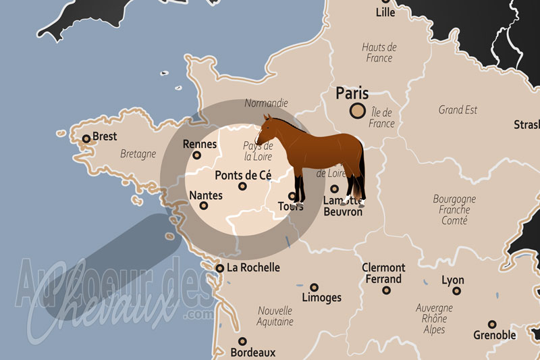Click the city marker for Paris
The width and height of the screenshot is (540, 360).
click(x=356, y=112)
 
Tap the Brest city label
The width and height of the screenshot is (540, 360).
click(x=105, y=136)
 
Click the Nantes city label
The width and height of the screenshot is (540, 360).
click(x=206, y=195)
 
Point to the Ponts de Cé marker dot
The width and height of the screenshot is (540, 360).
click(x=243, y=187)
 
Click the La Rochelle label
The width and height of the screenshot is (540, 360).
click(x=253, y=267)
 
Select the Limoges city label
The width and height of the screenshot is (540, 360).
click(x=322, y=298)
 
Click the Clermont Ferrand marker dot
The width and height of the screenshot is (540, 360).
click(x=386, y=290)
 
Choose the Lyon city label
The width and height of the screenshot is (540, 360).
click(x=452, y=280)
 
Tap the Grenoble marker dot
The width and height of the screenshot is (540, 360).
click(x=492, y=324)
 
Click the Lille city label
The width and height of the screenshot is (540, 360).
click(x=385, y=12)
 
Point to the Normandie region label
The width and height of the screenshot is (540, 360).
click(x=266, y=103)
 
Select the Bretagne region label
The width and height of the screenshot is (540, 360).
click(x=138, y=154)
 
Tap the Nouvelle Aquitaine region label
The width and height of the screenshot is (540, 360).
click(x=275, y=316)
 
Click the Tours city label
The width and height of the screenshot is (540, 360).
click(x=291, y=207)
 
